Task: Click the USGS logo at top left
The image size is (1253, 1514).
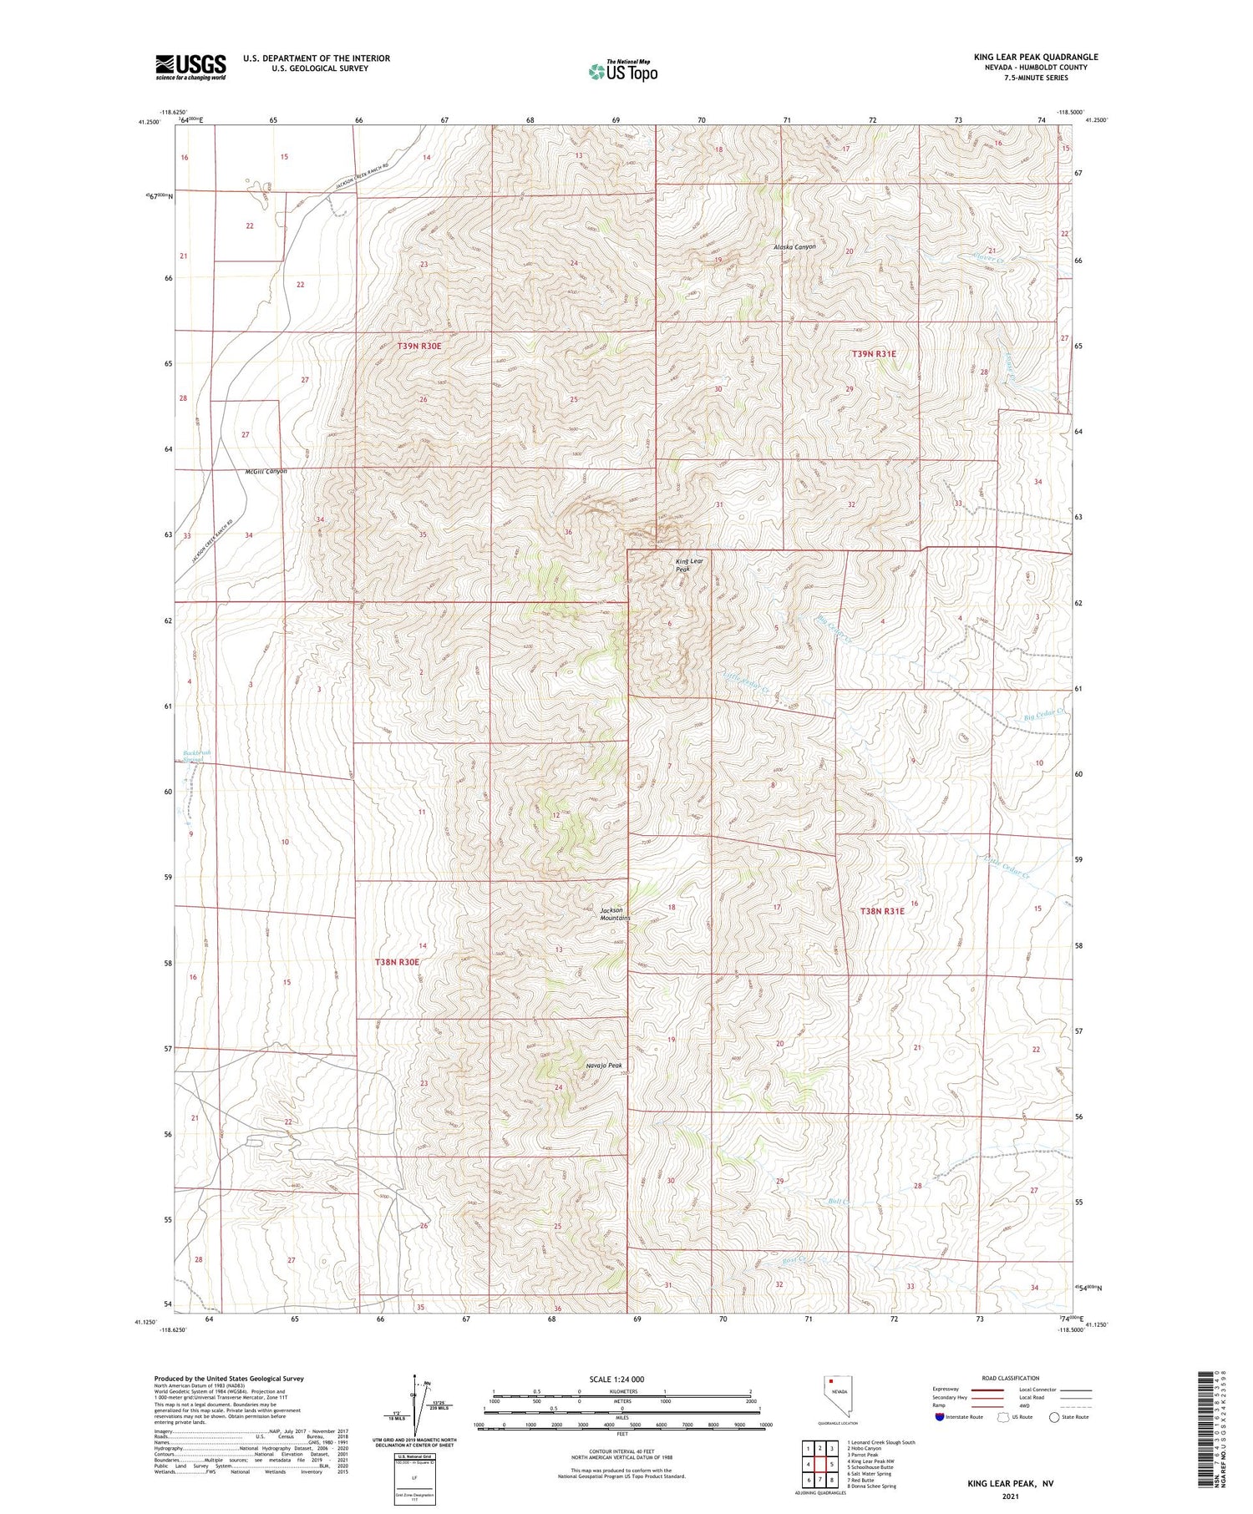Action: (x=190, y=67)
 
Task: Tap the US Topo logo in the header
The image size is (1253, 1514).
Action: (x=623, y=72)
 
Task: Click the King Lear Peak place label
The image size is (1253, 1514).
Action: (x=689, y=565)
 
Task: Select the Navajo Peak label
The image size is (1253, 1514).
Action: (x=603, y=1066)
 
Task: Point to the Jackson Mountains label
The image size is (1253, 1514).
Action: (x=615, y=914)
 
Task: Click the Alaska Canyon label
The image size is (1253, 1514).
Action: (x=794, y=247)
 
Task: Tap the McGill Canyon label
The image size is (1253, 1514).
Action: (x=266, y=471)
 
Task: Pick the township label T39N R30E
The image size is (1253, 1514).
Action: (x=419, y=345)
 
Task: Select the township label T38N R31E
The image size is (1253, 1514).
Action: (x=882, y=911)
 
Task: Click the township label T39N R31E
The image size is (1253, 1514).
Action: (x=874, y=354)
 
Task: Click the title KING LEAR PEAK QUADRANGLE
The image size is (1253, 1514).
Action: (x=1036, y=57)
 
